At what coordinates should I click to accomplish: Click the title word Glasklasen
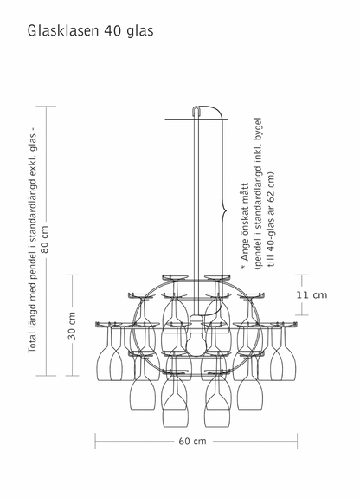click(x=63, y=31)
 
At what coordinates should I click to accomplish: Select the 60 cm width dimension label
click(x=192, y=441)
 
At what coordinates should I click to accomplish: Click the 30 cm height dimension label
click(x=72, y=326)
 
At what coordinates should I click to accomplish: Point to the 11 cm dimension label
click(x=312, y=294)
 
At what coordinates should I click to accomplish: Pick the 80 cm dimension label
click(x=44, y=240)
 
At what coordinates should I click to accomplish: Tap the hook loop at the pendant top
click(x=196, y=110)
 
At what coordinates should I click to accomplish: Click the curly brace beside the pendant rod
click(x=224, y=211)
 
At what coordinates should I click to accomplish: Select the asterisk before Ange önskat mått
click(x=244, y=267)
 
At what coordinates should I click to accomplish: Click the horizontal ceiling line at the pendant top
click(x=196, y=120)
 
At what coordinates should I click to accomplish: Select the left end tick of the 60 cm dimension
click(x=95, y=441)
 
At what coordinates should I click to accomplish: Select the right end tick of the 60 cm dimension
click(x=297, y=441)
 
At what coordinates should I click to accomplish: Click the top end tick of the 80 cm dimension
click(x=47, y=107)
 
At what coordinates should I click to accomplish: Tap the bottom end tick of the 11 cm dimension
click(x=302, y=315)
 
